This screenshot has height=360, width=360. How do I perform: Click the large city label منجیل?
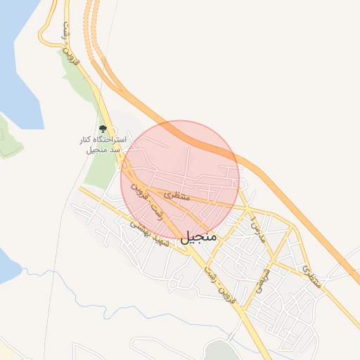[x=199, y=238]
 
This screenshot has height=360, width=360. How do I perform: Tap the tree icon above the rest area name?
[x=103, y=129]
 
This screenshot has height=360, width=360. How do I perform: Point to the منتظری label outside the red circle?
[x=311, y=276]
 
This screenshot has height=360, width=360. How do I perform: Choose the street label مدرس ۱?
[x=255, y=229]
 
